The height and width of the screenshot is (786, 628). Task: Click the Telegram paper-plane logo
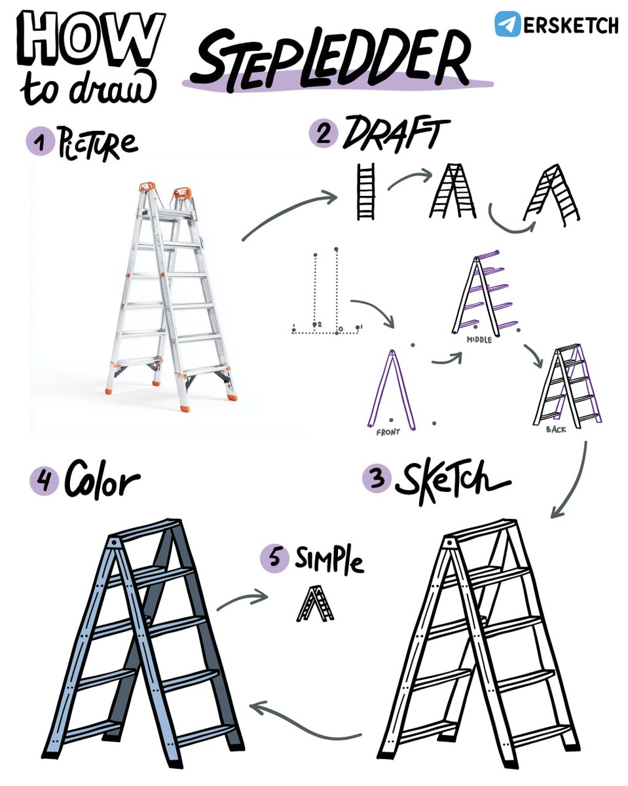508,24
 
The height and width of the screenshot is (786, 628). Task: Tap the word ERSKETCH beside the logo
570,25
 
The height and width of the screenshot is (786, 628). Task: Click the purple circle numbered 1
40,142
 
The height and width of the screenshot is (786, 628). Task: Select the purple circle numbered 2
323,134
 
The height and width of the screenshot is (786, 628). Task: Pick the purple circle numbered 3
377,478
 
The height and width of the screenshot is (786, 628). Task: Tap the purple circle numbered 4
44,481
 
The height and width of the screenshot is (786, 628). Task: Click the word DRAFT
396,134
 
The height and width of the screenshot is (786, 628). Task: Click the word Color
102,480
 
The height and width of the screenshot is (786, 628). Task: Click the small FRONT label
388,432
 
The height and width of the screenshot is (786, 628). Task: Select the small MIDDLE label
479,340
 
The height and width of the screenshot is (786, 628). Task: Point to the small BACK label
556,430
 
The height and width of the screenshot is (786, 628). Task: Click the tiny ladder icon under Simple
315,603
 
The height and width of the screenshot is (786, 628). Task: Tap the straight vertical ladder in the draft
365,191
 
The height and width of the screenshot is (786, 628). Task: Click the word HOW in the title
90,39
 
